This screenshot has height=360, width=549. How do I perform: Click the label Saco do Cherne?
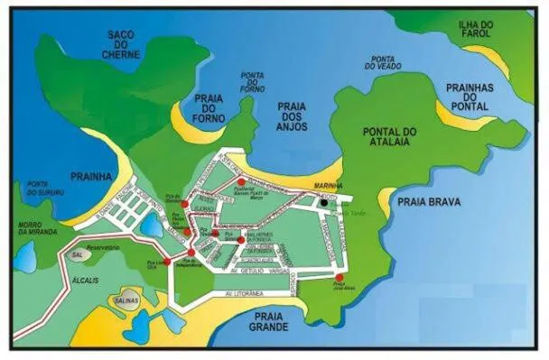point(120,44)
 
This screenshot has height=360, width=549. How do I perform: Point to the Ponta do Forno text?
point(254,82)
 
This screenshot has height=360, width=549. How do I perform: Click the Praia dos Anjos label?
point(292,116)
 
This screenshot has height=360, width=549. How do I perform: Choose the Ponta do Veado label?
point(382,60)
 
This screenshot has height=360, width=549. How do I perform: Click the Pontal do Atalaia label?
point(389,137)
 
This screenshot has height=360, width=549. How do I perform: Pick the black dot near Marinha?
point(323,203)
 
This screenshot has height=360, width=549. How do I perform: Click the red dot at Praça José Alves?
point(340,277)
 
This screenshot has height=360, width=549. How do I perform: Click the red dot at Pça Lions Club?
point(166,263)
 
